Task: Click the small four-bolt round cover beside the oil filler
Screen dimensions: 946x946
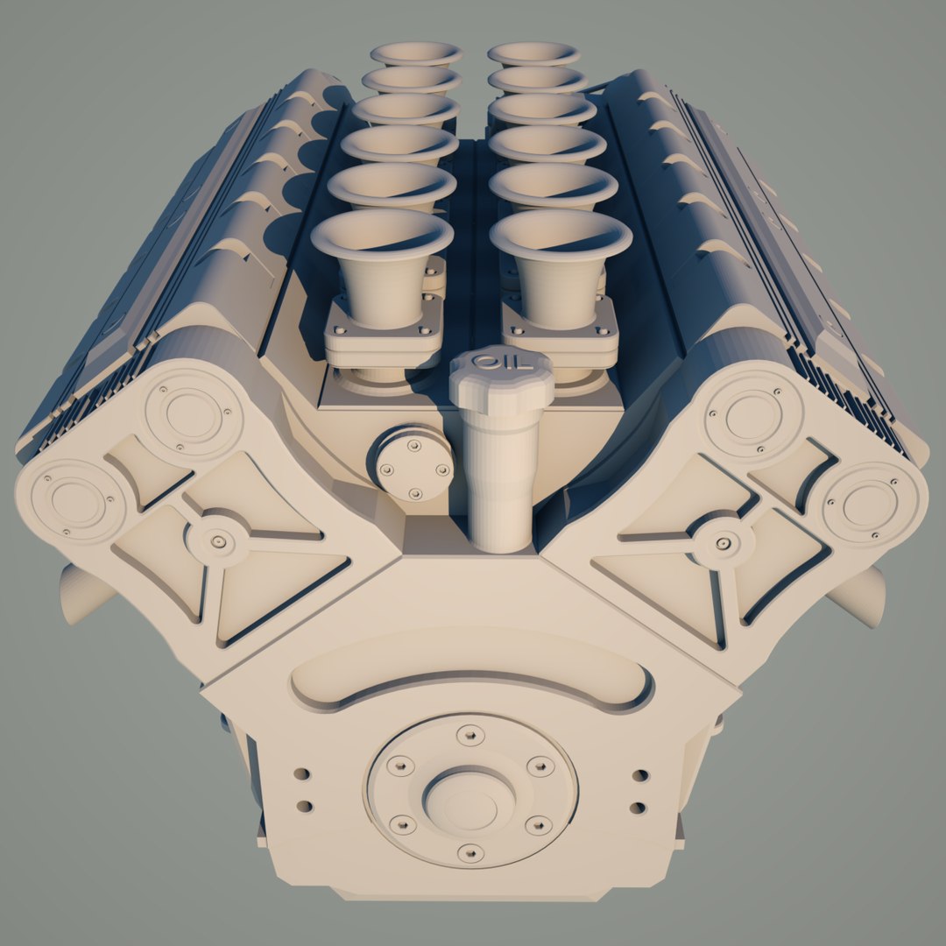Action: (x=412, y=462)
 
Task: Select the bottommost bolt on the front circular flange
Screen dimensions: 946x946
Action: (x=470, y=851)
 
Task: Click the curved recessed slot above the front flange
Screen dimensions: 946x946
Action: (x=473, y=679)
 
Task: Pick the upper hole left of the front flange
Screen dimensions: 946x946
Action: (x=301, y=774)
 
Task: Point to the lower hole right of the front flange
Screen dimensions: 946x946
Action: (x=638, y=808)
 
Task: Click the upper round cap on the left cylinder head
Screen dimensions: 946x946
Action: (x=192, y=413)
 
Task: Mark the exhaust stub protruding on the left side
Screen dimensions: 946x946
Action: (x=83, y=596)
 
